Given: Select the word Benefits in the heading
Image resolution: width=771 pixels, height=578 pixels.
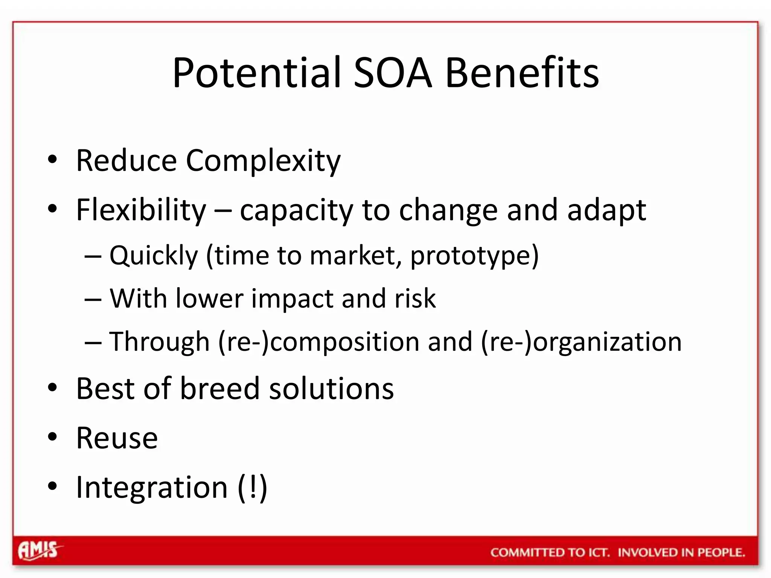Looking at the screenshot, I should coord(522,73).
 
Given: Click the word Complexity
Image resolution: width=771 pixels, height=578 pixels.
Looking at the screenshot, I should coord(263,161).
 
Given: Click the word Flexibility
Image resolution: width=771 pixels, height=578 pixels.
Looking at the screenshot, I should coord(141,210).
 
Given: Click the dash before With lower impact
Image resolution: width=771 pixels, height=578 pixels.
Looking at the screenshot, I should coord(93,300).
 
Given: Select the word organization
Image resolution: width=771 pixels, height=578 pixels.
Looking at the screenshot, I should coord(607,342).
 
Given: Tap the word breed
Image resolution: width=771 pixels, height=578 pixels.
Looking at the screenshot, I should coord(220,388).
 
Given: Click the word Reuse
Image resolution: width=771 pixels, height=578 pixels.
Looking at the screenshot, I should coord(117,438).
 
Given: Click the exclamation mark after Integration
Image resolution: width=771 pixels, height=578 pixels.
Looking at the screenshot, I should coord(253,487).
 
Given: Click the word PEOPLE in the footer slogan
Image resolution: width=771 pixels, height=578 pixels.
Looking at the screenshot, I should coord(721,552).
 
